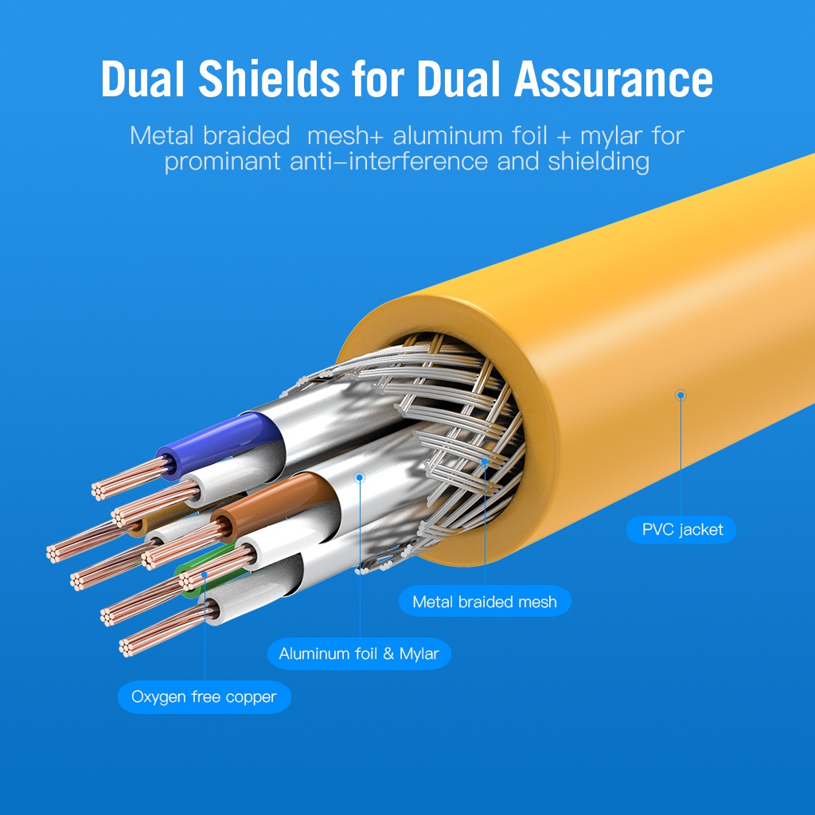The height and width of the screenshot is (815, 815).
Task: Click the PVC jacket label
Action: click(x=682, y=529)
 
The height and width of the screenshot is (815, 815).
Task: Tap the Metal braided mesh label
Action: click(x=485, y=602)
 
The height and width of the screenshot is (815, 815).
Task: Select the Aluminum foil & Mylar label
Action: click(x=359, y=654)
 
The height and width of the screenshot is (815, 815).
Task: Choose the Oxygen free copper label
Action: click(x=205, y=697)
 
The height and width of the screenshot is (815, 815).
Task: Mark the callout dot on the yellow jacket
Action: click(x=680, y=394)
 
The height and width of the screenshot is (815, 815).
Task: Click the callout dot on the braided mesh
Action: click(x=485, y=460)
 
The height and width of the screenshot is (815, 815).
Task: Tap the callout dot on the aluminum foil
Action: click(x=360, y=478)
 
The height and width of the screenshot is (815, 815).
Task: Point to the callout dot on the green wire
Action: click(x=205, y=573)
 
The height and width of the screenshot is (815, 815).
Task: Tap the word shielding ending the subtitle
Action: click(x=599, y=162)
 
